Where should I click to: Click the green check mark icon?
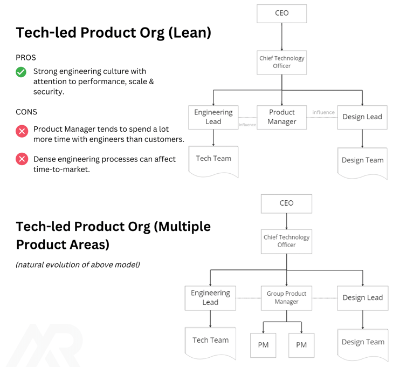coord(21,72)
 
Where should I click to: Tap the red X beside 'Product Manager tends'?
coord(22,131)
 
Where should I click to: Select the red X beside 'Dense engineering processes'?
coord(22,159)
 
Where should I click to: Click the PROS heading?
coord(26,57)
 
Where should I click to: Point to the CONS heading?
coord(26,112)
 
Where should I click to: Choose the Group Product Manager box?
coord(286,298)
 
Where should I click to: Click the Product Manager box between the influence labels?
coord(281,117)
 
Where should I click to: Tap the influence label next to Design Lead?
coord(323,112)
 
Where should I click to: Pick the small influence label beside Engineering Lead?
coord(247,125)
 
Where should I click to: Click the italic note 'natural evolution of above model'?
coord(78,264)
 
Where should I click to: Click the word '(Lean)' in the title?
coord(190,33)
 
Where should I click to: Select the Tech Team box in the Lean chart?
coord(213,162)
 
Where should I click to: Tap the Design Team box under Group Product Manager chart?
coord(363,345)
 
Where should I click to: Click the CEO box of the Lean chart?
coord(281,13)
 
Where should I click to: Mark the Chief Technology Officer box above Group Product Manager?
coord(286,241)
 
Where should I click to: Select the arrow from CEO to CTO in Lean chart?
coord(281,37)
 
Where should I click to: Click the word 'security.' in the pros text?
coord(49,92)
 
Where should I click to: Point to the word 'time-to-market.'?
coord(61,169)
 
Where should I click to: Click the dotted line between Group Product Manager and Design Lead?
coord(325,298)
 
